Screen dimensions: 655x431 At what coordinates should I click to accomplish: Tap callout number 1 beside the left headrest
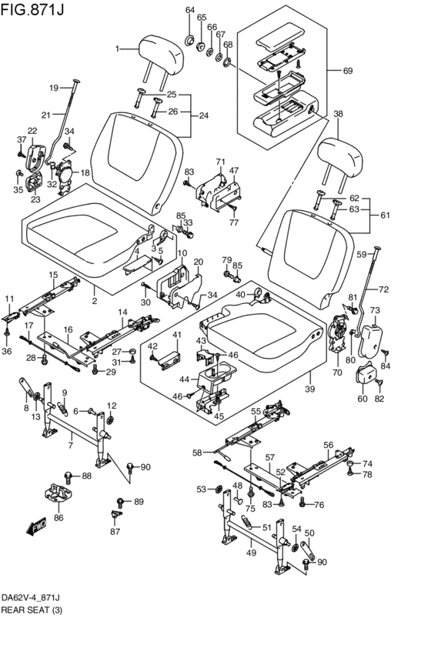(118, 49)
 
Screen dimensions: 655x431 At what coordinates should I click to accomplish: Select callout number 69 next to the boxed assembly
(347, 71)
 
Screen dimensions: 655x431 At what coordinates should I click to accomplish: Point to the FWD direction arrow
(37, 527)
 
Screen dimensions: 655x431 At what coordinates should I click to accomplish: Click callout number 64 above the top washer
(190, 9)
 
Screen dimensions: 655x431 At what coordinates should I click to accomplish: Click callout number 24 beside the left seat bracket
(203, 115)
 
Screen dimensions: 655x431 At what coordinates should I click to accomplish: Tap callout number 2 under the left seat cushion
(94, 302)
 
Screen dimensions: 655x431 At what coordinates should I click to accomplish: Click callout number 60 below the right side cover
(363, 399)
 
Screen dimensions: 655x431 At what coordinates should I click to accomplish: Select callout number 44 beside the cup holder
(183, 379)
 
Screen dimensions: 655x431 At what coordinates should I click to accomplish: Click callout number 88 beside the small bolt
(86, 476)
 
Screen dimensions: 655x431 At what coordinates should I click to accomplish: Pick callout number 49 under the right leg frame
(250, 552)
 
